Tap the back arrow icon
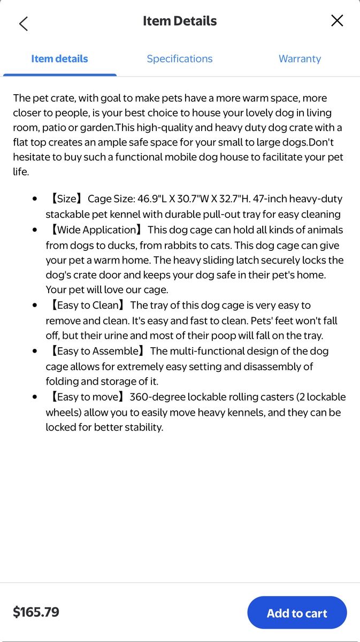point(24,24)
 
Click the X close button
point(337,21)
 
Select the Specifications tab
point(180,59)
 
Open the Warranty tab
point(300,59)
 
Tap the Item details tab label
point(59,59)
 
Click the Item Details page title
point(180,21)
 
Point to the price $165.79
point(36,612)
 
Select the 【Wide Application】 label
point(96,230)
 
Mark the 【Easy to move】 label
point(86,398)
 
